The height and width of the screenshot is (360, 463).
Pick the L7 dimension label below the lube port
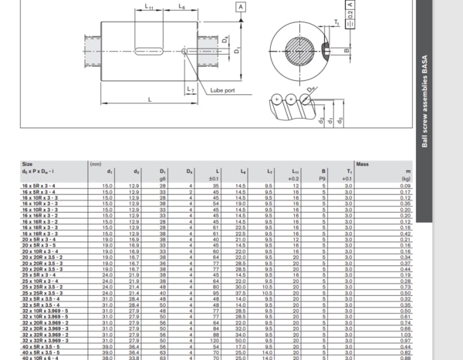click(191, 90)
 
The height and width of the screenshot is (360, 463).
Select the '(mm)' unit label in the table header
click(96, 164)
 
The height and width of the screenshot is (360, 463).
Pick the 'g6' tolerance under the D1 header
click(163, 179)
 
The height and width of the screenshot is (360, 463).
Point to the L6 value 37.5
click(243, 293)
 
